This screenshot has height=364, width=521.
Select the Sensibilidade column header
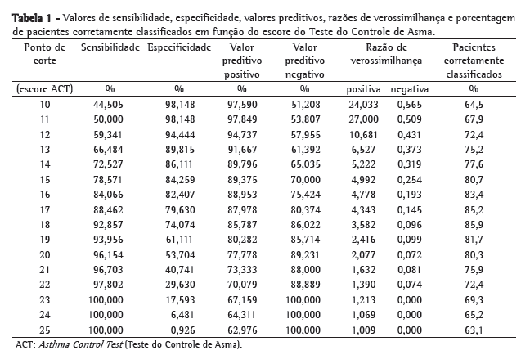pyautogui.click(x=110, y=49)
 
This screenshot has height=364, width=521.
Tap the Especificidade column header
pyautogui.click(x=180, y=49)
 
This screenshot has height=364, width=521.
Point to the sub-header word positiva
pyautogui.click(x=364, y=88)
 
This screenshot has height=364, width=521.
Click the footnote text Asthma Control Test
pyautogui.click(x=79, y=344)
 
